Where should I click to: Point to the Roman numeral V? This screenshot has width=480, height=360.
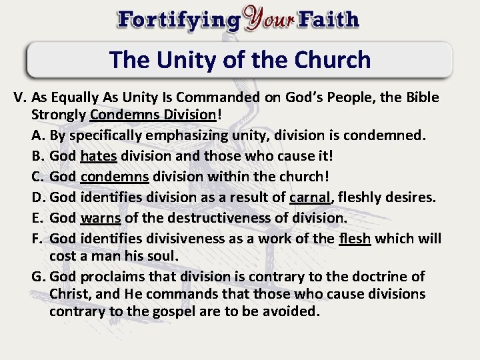20,97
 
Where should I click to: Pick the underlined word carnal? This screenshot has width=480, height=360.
311,197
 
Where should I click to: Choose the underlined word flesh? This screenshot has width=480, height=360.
355,238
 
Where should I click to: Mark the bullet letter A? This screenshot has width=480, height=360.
37,136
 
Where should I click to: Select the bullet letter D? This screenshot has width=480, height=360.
38,197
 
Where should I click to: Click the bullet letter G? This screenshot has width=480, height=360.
38,276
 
